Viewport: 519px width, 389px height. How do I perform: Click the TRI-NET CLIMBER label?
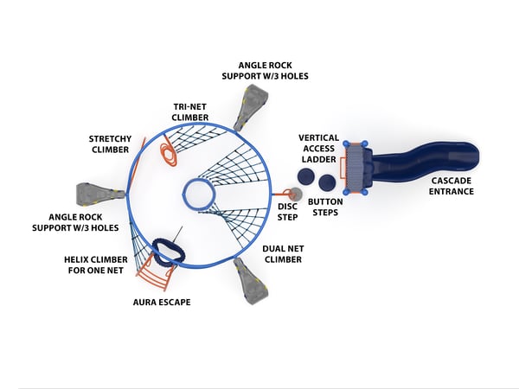point(190,112)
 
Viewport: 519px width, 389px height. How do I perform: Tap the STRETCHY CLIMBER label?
point(110,144)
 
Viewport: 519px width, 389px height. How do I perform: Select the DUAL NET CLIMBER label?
point(283,254)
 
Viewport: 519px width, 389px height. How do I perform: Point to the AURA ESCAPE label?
point(162,303)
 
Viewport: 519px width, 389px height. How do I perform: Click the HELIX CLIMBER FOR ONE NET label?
point(96,265)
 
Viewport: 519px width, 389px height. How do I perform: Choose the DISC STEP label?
point(288,212)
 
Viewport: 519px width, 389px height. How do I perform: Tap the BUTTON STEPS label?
point(325,207)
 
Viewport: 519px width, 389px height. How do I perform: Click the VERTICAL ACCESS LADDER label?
point(318,149)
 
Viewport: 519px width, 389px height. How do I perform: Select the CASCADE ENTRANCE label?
point(452,186)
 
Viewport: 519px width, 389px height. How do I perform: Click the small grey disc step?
point(295,194)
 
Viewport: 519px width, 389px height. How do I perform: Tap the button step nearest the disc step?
point(305,176)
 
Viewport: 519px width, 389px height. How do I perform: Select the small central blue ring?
point(199,194)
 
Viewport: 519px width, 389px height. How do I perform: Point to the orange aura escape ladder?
point(155,272)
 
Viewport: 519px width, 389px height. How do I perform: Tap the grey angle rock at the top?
point(251,107)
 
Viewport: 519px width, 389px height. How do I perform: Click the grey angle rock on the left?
point(100,193)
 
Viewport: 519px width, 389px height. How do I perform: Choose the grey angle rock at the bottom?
point(250,281)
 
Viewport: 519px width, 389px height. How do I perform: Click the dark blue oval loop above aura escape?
point(169,252)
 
